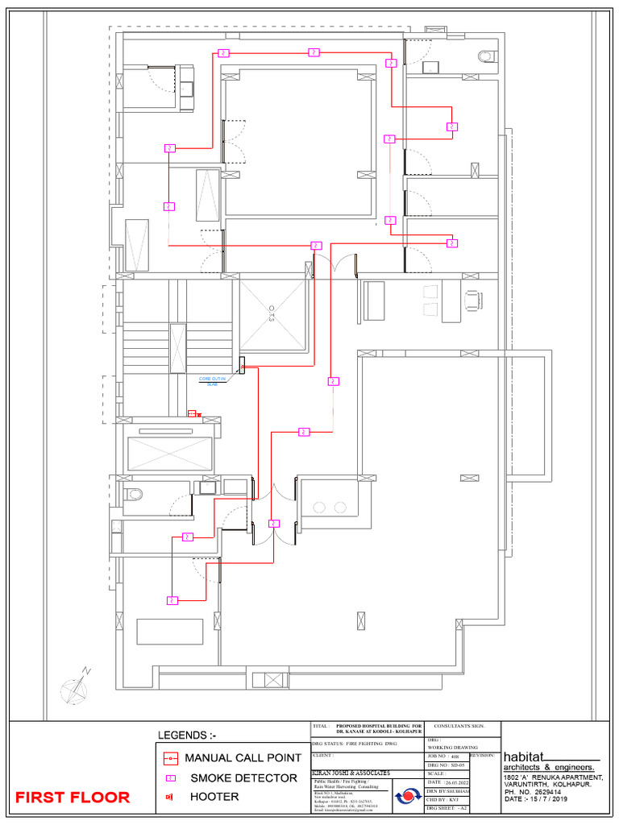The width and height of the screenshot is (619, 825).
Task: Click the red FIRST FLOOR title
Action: (73, 798)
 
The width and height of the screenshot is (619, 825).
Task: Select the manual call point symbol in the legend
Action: (170, 758)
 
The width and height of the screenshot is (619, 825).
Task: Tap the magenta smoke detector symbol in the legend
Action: (170, 778)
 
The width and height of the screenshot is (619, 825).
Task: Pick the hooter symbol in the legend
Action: (170, 797)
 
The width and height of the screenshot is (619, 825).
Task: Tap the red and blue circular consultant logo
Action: (408, 796)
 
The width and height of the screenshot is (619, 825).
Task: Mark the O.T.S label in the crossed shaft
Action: (272, 312)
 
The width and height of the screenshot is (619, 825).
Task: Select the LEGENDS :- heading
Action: (187, 735)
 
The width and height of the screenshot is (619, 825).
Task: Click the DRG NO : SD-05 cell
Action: (446, 765)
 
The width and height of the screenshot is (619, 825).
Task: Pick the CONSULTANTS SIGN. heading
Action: (459, 727)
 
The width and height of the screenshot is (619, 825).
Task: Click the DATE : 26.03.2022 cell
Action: (446, 782)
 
